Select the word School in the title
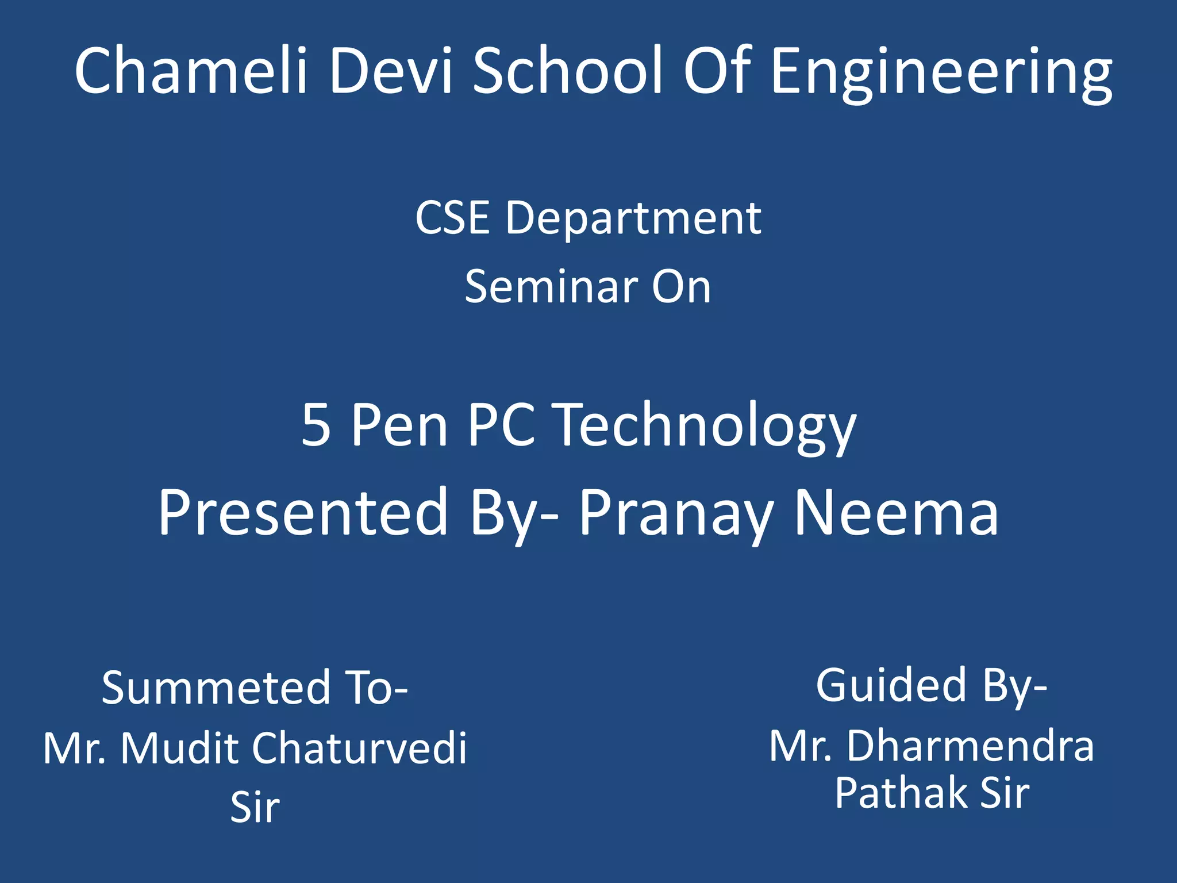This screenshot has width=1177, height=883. click(568, 70)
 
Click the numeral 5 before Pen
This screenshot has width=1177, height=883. click(316, 425)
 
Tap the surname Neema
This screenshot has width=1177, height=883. click(896, 512)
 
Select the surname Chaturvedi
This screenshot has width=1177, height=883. click(360, 748)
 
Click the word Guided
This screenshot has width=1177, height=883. click(891, 685)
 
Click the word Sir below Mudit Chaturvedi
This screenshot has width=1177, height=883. click(255, 807)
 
